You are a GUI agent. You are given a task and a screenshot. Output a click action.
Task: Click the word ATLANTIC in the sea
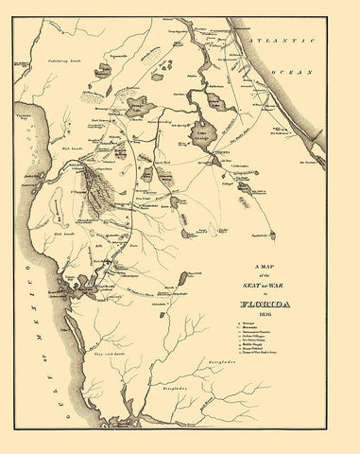[x=287, y=44]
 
